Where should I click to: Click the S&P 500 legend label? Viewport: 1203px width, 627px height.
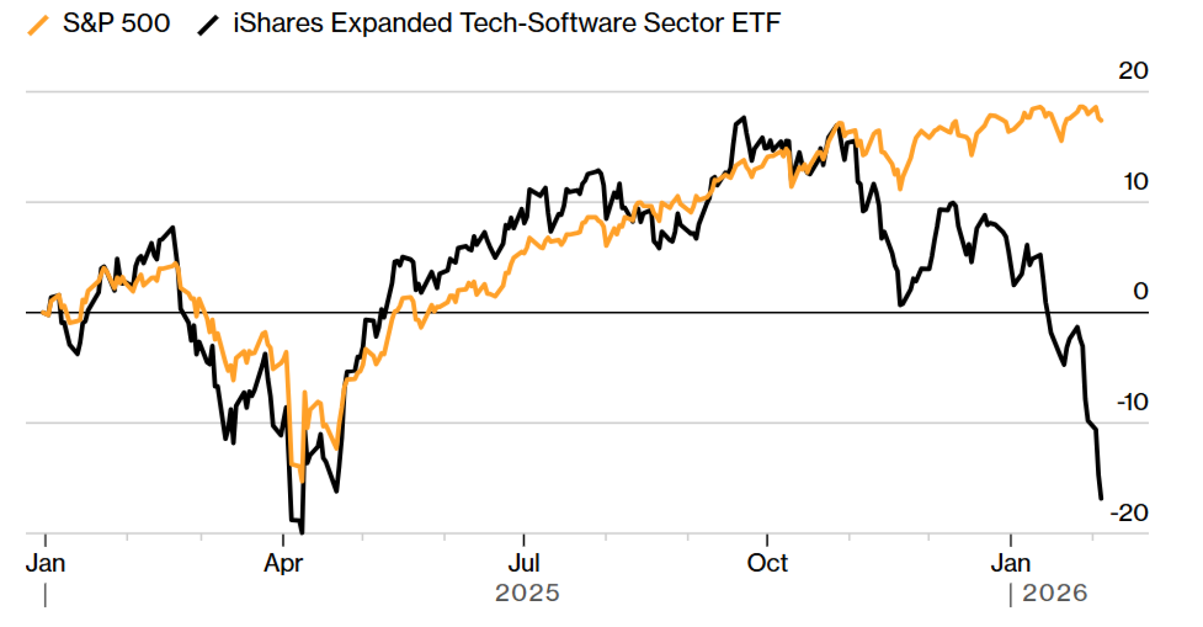pyautogui.click(x=116, y=23)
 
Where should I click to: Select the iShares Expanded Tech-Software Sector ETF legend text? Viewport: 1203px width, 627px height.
pyautogui.click(x=506, y=23)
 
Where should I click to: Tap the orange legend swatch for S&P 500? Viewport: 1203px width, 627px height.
pyautogui.click(x=38, y=25)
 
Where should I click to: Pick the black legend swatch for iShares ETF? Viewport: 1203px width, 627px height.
pyautogui.click(x=208, y=25)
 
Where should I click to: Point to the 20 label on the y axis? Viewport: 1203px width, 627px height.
pyautogui.click(x=1133, y=71)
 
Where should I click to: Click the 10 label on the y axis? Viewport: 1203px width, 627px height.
pyautogui.click(x=1136, y=182)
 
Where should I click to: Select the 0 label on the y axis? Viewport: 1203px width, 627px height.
pyautogui.click(x=1140, y=291)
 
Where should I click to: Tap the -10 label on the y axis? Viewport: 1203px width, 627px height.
pyautogui.click(x=1132, y=402)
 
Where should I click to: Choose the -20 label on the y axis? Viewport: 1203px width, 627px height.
pyautogui.click(x=1129, y=513)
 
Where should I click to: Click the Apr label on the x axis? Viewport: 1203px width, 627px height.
pyautogui.click(x=283, y=564)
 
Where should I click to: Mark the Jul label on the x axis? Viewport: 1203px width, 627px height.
pyautogui.click(x=523, y=564)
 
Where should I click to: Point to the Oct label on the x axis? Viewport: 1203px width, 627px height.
pyautogui.click(x=767, y=564)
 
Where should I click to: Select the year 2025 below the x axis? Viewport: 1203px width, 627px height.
pyautogui.click(x=527, y=593)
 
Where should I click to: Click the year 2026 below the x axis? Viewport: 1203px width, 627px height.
pyautogui.click(x=1055, y=593)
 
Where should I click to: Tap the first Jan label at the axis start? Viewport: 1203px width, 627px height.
pyautogui.click(x=46, y=564)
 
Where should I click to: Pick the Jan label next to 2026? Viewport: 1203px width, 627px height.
pyautogui.click(x=1011, y=564)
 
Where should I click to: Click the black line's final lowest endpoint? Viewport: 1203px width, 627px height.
pyautogui.click(x=1101, y=498)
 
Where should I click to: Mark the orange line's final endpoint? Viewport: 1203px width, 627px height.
pyautogui.click(x=1101, y=121)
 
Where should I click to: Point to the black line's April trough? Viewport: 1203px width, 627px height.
pyautogui.click(x=301, y=532)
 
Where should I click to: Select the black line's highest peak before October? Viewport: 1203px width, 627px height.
pyautogui.click(x=744, y=118)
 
